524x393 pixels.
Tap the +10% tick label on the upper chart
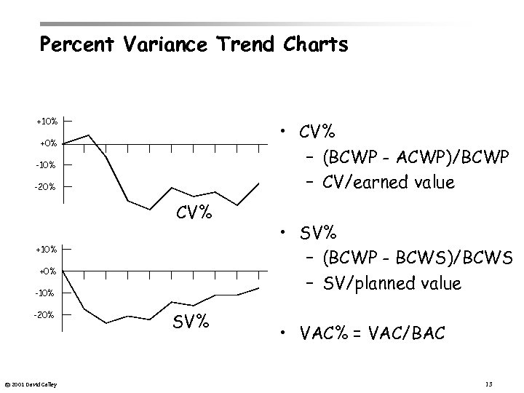coord(47,120)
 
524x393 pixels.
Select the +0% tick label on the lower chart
coord(47,271)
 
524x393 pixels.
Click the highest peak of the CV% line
coord(89,135)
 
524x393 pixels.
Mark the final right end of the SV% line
coord(258,288)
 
